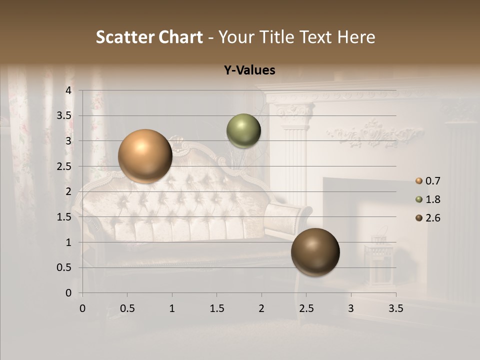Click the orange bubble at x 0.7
point(145,156)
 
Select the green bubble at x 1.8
point(243,130)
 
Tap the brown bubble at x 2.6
point(315,252)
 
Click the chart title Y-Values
point(249,70)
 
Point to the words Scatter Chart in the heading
point(149,37)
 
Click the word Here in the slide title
point(356,37)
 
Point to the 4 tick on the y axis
point(69,90)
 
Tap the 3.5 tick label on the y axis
point(64,115)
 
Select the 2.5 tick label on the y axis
point(64,166)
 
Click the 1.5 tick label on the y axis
point(64,216)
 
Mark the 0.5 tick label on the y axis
point(64,267)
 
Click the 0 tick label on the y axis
point(69,293)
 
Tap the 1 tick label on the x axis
point(172,308)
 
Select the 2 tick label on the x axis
point(261,308)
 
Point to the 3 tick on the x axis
point(351,308)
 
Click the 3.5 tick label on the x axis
point(395,308)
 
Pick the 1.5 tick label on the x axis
point(216,308)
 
